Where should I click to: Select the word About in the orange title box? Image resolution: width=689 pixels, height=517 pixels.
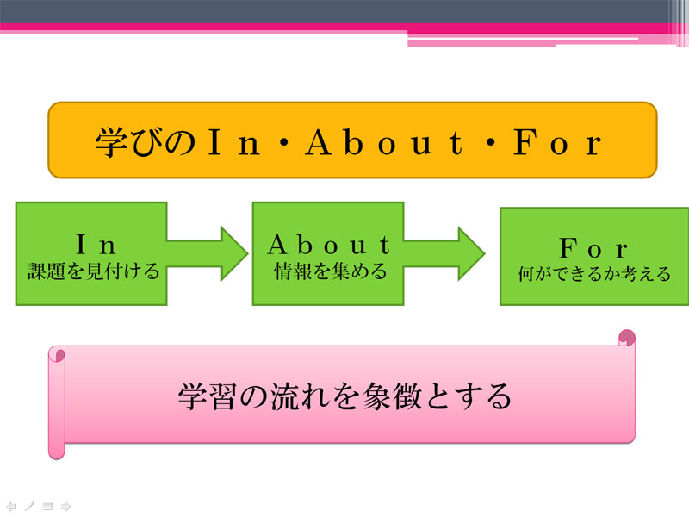pos(384,142)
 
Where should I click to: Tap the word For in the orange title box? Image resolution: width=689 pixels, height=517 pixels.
pos(557,142)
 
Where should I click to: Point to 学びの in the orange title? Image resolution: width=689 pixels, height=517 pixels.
pos(146,142)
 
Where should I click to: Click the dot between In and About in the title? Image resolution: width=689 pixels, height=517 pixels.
pos(283,143)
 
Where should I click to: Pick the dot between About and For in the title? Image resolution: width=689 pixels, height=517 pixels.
pos(490,143)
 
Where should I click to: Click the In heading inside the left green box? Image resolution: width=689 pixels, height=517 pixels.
pos(96,245)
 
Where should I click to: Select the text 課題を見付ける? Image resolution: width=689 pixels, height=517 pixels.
pos(93,271)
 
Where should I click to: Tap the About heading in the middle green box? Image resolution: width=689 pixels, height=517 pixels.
pos(329,245)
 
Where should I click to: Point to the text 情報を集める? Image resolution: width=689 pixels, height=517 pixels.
pos(330,271)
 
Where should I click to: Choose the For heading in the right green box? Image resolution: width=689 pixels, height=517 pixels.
pos(593,248)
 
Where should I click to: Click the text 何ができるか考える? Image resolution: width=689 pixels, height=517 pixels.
pos(594,274)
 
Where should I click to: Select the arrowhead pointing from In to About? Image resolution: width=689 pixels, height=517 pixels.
pos(234,253)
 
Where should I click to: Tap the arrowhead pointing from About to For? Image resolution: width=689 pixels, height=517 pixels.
pos(471,253)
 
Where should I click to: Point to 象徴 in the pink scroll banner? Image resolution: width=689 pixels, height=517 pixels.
pos(392,396)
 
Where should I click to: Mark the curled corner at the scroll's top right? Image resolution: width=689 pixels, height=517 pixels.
pos(627,338)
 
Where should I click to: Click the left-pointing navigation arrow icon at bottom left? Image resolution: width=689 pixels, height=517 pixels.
pos(11,507)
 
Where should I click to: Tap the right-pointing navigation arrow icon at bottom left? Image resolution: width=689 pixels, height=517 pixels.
pos(65,507)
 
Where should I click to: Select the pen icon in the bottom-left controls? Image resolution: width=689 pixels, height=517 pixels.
pos(29,507)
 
